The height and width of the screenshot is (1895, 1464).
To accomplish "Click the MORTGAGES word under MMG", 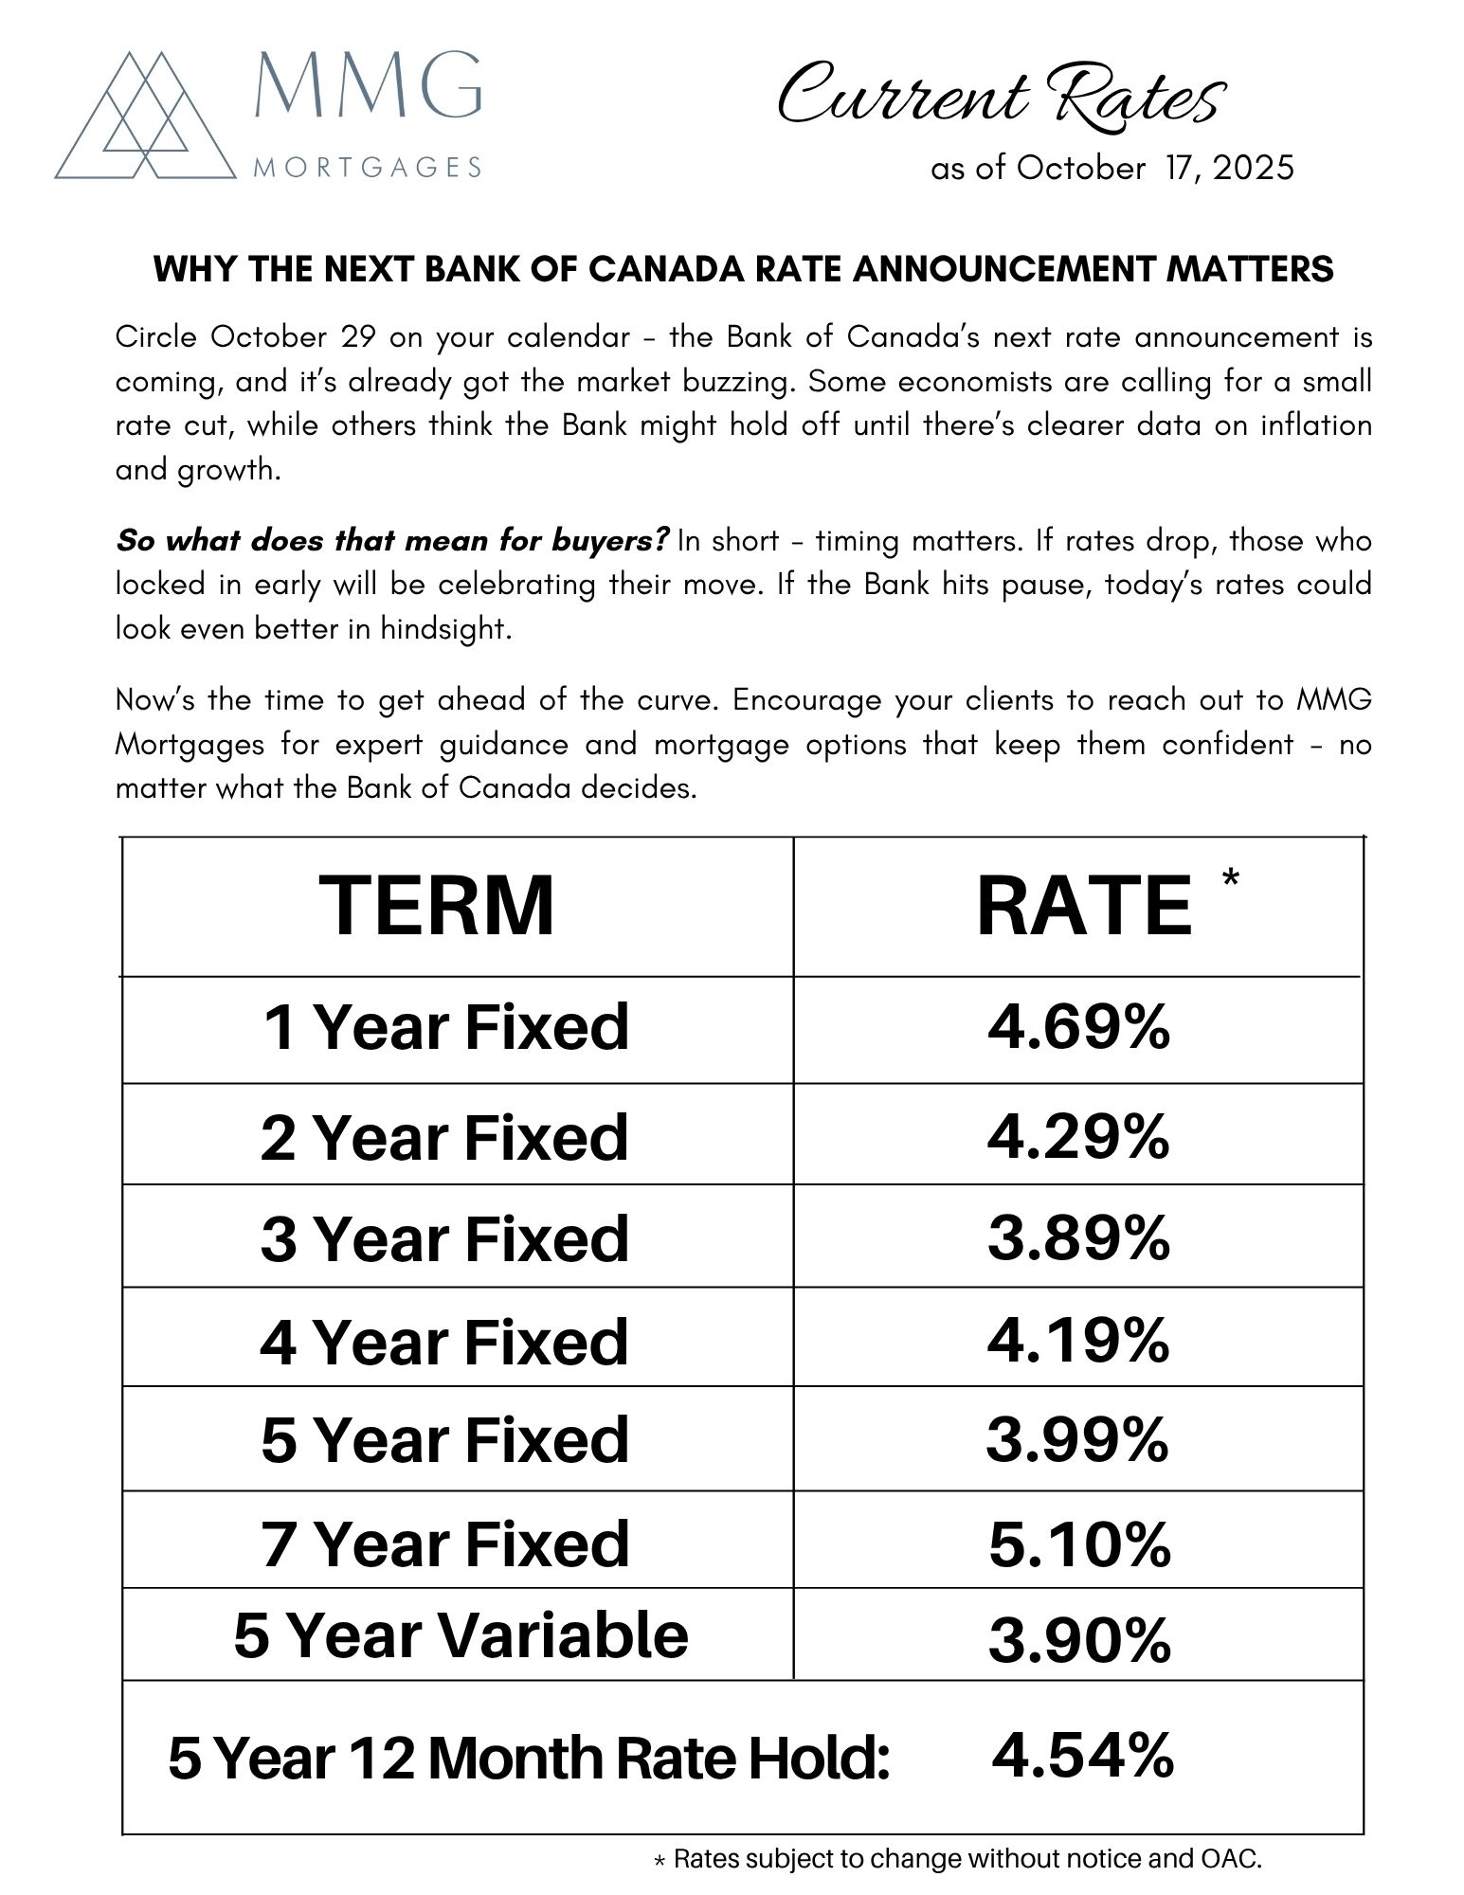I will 368,168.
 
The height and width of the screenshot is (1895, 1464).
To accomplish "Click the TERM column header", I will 437,906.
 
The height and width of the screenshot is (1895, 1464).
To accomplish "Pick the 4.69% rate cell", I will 1078,1027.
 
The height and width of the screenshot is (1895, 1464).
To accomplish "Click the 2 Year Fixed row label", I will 444,1137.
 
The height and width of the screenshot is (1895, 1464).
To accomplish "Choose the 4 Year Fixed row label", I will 444,1342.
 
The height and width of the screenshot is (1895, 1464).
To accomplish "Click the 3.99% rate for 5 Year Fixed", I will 1077,1440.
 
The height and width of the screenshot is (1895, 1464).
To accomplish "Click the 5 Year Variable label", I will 461,1635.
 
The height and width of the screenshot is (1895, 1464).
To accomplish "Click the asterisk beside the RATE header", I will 1230,878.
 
